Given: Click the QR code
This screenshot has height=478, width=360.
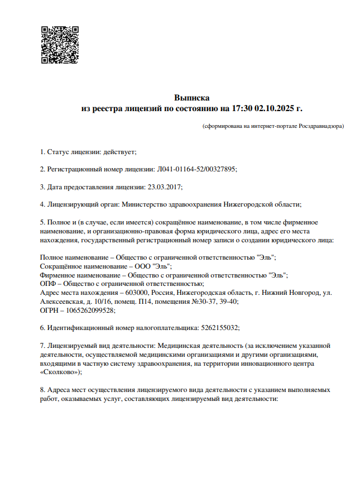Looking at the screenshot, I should [x=59, y=45].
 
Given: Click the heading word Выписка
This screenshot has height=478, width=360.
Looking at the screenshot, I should [x=191, y=98].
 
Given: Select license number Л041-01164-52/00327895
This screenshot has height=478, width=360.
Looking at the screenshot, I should [x=198, y=169].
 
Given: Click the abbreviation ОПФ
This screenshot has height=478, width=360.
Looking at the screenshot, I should [x=49, y=284].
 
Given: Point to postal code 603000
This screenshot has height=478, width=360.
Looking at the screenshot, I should [x=137, y=293].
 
